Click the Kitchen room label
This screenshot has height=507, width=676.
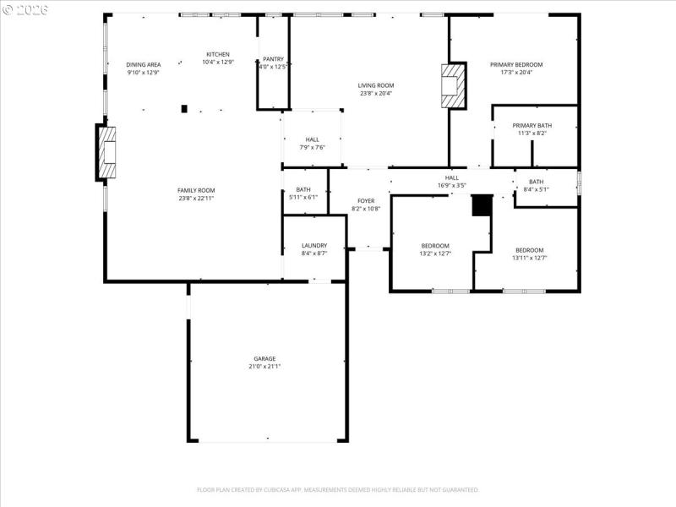tap(217, 54)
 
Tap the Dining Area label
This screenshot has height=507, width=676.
tap(143, 64)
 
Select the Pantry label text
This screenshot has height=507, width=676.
tap(273, 59)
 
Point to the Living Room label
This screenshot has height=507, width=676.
tap(375, 85)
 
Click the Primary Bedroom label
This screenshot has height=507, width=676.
tap(516, 64)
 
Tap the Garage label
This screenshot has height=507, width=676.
tap(264, 359)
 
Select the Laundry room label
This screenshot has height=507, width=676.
tap(313, 246)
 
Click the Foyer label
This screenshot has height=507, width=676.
tap(366, 200)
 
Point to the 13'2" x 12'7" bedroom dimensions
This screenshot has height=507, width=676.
tap(435, 253)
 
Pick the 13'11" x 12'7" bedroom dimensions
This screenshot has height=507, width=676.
tap(529, 258)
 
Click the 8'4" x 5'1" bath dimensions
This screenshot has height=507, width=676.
tap(536, 189)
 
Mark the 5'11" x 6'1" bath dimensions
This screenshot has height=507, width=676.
tap(303, 197)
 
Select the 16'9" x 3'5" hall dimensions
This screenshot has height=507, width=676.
tap(451, 185)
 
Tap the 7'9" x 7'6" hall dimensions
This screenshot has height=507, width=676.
tap(312, 147)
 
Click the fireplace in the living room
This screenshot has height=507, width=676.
tap(454, 86)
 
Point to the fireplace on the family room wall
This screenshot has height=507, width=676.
tap(108, 152)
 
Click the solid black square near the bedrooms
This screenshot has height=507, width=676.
tap(481, 205)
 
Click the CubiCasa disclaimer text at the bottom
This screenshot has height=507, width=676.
tap(338, 489)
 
